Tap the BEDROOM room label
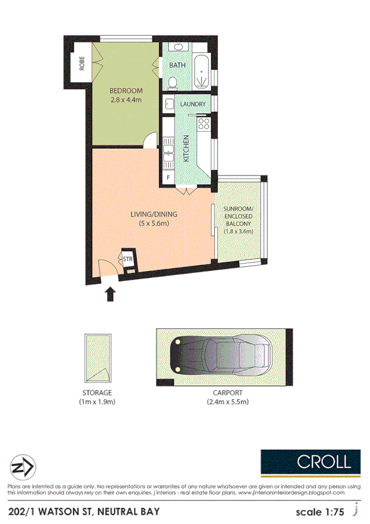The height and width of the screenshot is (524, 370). [126, 90]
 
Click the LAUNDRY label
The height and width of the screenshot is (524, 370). [193, 104]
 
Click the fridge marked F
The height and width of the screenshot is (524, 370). [167, 178]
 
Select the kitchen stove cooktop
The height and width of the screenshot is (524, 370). [204, 126]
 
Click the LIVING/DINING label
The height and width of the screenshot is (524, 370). [154, 214]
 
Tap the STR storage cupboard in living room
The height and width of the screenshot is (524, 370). [128, 260]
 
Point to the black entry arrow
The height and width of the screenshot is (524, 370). [111, 294]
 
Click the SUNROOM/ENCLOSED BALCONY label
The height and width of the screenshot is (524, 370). [238, 220]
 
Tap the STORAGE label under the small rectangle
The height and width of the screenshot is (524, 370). [98, 393]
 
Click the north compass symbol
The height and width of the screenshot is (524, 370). [23, 466]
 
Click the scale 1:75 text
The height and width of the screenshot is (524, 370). [321, 512]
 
